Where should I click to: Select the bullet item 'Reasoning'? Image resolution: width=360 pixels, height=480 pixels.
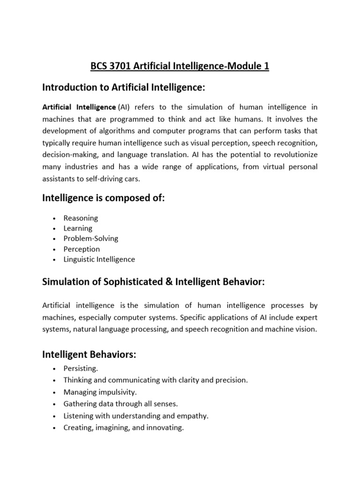pyautogui.click(x=81, y=218)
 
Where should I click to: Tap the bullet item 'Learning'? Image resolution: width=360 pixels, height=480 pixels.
pyautogui.click(x=78, y=228)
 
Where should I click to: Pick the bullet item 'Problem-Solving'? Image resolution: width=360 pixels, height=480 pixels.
pyautogui.click(x=91, y=239)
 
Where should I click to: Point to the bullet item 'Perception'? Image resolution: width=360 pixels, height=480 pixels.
pyautogui.click(x=82, y=249)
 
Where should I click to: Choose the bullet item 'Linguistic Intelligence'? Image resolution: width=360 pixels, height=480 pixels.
pyautogui.click(x=99, y=259)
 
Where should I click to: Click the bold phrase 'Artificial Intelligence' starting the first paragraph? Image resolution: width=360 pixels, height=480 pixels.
pyautogui.click(x=79, y=107)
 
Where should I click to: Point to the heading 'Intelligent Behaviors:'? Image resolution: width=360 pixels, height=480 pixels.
pyautogui.click(x=89, y=355)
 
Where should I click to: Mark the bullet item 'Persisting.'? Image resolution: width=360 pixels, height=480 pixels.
pyautogui.click(x=81, y=369)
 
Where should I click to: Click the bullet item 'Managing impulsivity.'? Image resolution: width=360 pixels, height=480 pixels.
pyautogui.click(x=100, y=392)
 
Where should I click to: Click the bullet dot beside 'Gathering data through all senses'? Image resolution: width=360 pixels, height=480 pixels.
pyautogui.click(x=55, y=404)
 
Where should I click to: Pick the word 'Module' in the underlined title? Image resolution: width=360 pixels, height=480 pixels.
pyautogui.click(x=247, y=66)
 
